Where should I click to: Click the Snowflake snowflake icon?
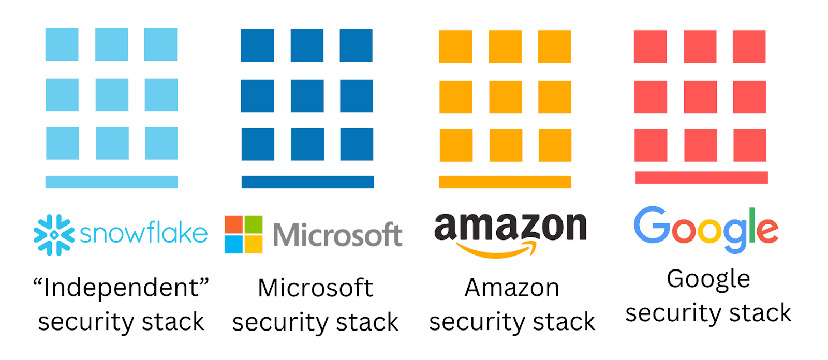coord(54,235)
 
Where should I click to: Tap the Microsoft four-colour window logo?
coord(243,234)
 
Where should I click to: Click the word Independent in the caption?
coord(121,288)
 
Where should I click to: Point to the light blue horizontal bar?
coord(112,182)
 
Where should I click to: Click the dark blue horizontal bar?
coord(307,182)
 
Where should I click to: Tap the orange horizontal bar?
coord(505,182)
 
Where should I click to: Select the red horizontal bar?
coord(701,177)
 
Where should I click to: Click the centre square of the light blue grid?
coord(112,95)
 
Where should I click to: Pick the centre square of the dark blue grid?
coord(307,96)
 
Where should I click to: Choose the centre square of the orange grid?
coord(505,97)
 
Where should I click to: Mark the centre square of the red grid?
coord(700,97)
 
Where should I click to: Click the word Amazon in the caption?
coord(512,288)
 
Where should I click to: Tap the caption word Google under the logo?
coord(708,279)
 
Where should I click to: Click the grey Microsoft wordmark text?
coord(337,235)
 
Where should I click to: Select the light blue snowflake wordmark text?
coord(143,234)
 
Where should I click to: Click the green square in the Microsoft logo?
coord(253,225)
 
